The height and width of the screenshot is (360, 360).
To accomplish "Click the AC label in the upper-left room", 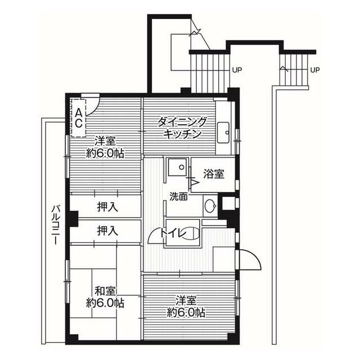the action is tap(79, 118).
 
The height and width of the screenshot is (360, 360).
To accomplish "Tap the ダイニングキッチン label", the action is tap(182, 128).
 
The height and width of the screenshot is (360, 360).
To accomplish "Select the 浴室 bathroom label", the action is tap(214, 174).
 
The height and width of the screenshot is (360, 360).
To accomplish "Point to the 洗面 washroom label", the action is tap(179, 197).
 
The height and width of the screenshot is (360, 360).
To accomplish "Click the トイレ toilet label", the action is tap(173, 233).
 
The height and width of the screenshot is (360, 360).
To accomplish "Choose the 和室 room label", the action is tap(105, 291).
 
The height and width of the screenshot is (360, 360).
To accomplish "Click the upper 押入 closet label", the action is tap(107, 207).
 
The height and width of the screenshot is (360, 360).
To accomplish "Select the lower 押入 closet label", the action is tap(107, 231).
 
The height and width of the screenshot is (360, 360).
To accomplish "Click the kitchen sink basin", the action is tap(223, 133).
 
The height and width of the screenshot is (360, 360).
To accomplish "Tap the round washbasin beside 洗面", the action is tap(210, 206).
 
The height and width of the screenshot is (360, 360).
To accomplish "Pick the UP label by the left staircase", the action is tap(237, 70).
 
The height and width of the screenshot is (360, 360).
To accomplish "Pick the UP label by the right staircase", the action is tap(315, 70).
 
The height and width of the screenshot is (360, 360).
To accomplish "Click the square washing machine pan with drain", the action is tap(177, 167).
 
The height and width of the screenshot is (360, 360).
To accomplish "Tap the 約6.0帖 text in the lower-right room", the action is tap(186, 313).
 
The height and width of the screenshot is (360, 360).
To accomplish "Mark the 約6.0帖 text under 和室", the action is tap(105, 303).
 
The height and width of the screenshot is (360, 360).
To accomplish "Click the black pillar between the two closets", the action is tap(74, 219).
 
